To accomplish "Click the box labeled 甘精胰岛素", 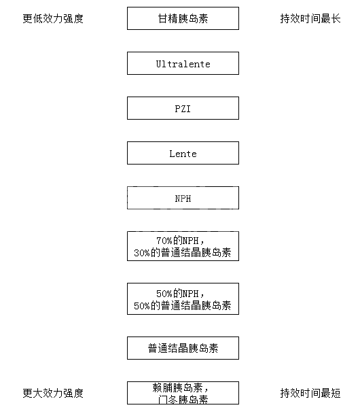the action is tap(183, 18).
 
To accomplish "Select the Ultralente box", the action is tap(183, 63).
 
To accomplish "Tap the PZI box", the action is tap(183, 108).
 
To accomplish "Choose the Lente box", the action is tap(183, 153).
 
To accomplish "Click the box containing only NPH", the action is tap(183, 198).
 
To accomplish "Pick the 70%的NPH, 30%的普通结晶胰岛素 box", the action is tap(183, 246).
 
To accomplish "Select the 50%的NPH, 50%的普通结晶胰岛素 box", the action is tap(183, 299).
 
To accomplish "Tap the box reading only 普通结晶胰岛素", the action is tap(183, 348).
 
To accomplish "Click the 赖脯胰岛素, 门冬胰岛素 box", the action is tap(183, 393).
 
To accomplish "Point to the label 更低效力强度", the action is tap(53, 19).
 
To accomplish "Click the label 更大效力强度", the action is tap(53, 393).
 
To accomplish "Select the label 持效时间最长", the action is tap(310, 19).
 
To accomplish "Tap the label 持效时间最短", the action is tap(310, 393).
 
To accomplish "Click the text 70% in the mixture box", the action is tap(164, 241).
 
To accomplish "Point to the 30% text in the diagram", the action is tap(142, 253).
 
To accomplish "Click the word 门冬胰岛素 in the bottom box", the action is tap(183, 400).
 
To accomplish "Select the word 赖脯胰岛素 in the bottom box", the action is tap(177, 387).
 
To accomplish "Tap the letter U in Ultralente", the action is tap(159, 64).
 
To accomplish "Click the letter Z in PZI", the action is tap(183, 109).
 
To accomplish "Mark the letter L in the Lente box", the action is tap(173, 154).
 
